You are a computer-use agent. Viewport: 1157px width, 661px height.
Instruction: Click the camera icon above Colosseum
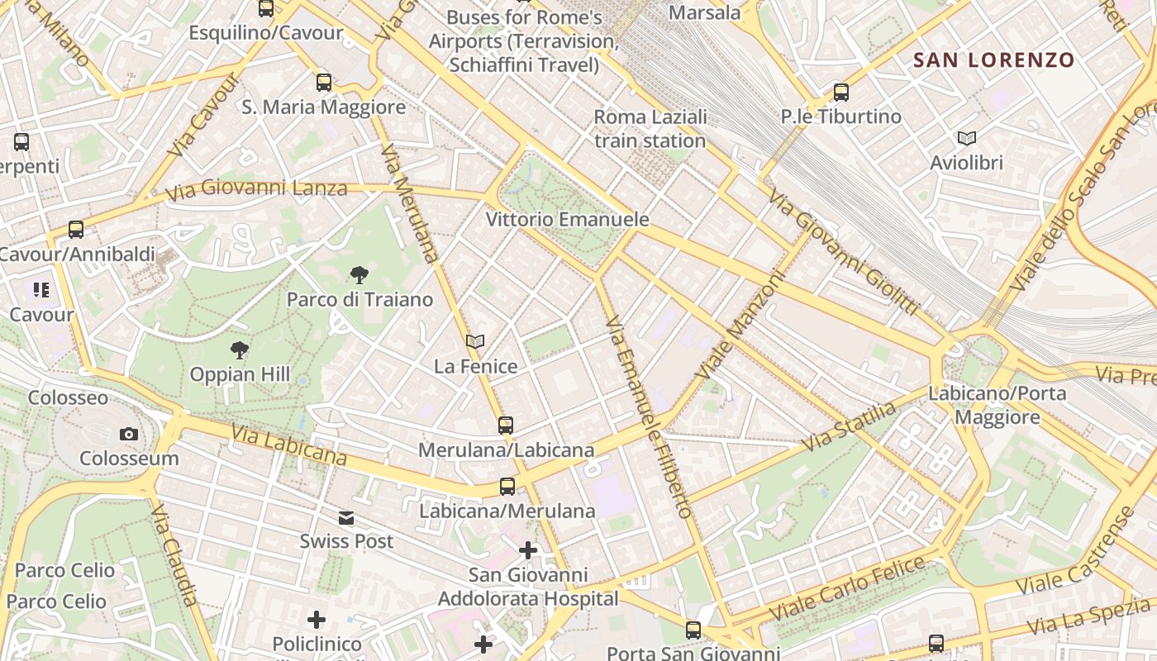pyautogui.click(x=128, y=434)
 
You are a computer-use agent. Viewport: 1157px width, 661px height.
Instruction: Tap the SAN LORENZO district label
pyautogui.click(x=993, y=59)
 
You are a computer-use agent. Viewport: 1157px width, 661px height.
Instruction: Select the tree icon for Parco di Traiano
pyautogui.click(x=359, y=274)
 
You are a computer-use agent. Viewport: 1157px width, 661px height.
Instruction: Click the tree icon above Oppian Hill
pyautogui.click(x=240, y=350)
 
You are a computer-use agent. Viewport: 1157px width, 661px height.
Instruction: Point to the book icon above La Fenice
pyautogui.click(x=475, y=341)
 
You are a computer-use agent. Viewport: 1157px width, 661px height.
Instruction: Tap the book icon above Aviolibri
pyautogui.click(x=966, y=138)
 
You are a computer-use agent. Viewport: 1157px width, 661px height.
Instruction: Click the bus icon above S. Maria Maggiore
pyautogui.click(x=324, y=83)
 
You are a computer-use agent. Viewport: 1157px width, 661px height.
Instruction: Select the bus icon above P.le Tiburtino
pyautogui.click(x=841, y=93)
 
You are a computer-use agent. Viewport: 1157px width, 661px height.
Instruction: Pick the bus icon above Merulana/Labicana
pyautogui.click(x=506, y=426)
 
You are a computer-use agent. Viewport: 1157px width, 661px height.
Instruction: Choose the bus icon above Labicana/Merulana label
pyautogui.click(x=507, y=487)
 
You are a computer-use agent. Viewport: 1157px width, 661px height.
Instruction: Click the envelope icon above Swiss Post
pyautogui.click(x=346, y=518)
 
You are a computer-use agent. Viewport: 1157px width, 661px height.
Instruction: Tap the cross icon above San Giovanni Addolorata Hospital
pyautogui.click(x=528, y=550)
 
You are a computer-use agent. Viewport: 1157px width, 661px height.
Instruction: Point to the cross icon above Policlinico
pyautogui.click(x=317, y=620)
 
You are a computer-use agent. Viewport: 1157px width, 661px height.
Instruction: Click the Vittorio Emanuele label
pyautogui.click(x=567, y=220)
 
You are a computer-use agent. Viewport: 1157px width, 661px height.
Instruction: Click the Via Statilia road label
pyautogui.click(x=849, y=426)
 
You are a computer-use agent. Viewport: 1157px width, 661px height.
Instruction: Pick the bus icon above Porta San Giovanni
pyautogui.click(x=693, y=630)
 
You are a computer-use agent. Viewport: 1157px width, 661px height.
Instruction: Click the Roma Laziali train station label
pyautogui.click(x=650, y=129)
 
